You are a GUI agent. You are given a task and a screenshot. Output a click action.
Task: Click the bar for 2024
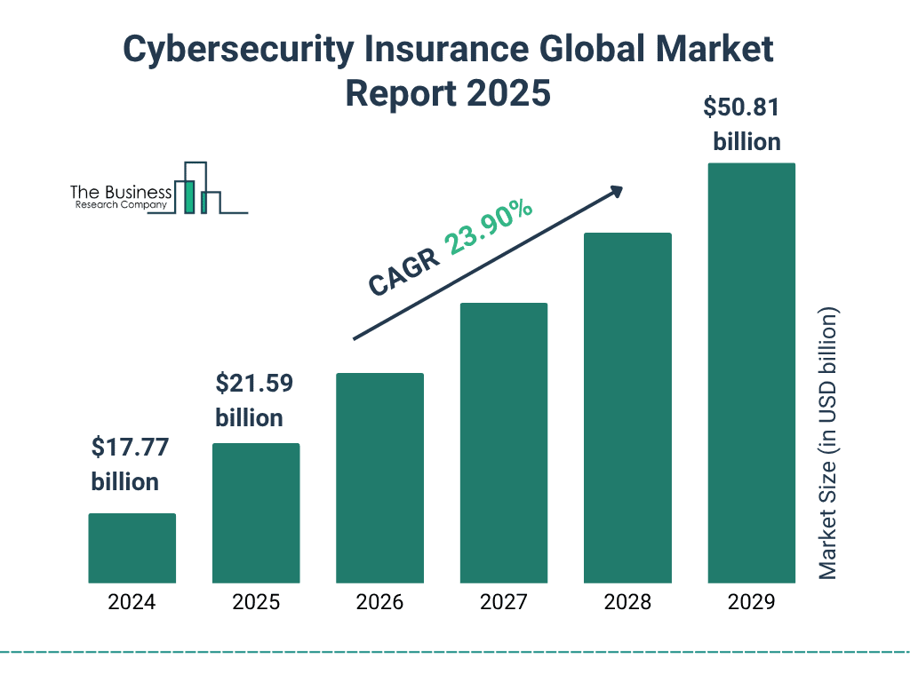point(132,548)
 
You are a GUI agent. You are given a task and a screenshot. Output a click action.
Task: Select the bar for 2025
point(256,512)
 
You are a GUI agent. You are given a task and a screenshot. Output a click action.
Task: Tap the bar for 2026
point(379,478)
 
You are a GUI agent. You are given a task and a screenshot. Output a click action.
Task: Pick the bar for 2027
point(503,442)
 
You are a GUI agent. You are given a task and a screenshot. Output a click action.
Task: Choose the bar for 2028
point(627,408)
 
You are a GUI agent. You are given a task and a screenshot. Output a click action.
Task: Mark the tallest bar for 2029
point(751,373)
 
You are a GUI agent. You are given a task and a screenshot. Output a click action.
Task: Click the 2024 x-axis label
point(132,602)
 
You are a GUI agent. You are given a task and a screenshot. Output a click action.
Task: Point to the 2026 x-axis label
point(379,602)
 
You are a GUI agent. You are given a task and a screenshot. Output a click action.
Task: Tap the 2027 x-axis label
point(503,602)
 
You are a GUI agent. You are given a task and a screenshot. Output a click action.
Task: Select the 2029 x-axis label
point(751,602)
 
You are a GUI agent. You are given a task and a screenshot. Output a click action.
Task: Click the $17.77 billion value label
point(125,464)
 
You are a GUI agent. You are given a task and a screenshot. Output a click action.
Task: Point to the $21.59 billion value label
point(253,400)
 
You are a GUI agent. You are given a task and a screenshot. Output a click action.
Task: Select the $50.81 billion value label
point(742,124)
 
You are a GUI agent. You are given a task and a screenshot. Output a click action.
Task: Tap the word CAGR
point(404,272)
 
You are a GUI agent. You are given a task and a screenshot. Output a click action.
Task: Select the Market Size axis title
point(828,444)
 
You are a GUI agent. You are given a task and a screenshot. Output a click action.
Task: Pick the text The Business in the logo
point(121,193)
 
